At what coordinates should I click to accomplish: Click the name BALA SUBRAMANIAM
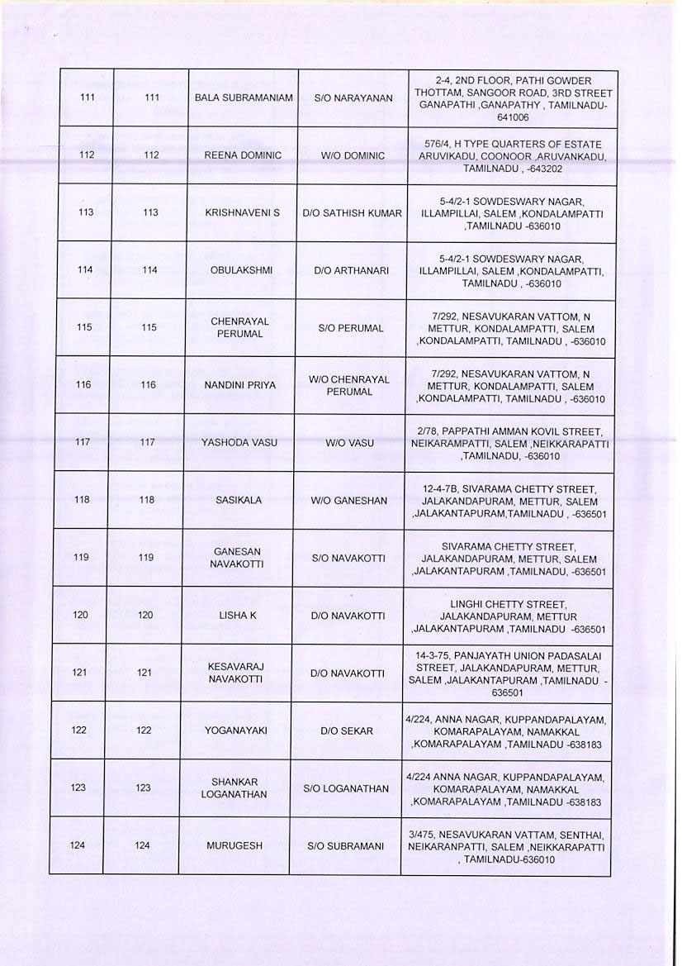tap(244, 98)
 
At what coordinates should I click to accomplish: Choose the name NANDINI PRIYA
tap(239, 385)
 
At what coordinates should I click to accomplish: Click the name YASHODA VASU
tap(239, 443)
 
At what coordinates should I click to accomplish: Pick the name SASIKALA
tap(238, 500)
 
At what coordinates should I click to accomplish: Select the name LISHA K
tap(236, 616)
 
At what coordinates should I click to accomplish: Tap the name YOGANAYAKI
tap(235, 730)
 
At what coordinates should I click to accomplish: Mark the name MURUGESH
tap(234, 846)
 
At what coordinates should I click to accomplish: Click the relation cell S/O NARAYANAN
tap(353, 98)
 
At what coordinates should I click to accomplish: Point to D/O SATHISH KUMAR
tap(352, 213)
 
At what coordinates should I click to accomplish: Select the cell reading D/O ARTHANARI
tap(351, 270)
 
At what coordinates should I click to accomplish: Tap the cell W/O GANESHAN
tap(348, 500)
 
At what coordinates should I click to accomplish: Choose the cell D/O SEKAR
tap(347, 730)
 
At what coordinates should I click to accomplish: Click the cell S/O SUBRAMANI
tap(345, 846)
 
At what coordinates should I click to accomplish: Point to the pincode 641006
tap(513, 117)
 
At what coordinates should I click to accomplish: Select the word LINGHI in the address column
tap(467, 604)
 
